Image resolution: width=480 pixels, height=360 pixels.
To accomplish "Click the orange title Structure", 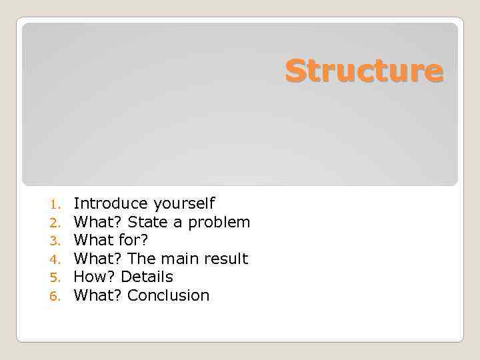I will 364,71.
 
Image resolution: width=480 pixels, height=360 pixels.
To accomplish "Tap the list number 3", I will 55,241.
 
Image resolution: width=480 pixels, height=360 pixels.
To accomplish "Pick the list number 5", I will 55,277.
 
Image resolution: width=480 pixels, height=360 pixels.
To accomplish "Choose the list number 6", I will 55,296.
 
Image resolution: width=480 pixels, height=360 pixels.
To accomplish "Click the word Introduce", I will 111,203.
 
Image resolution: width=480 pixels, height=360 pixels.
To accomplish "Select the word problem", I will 219,222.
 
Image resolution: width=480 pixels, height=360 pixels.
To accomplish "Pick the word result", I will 227,259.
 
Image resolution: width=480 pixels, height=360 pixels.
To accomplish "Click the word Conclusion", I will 168,295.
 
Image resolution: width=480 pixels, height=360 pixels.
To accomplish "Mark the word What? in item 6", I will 97,295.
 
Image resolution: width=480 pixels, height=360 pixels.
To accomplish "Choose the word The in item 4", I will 141,259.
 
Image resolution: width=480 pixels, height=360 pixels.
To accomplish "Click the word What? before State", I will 97,221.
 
